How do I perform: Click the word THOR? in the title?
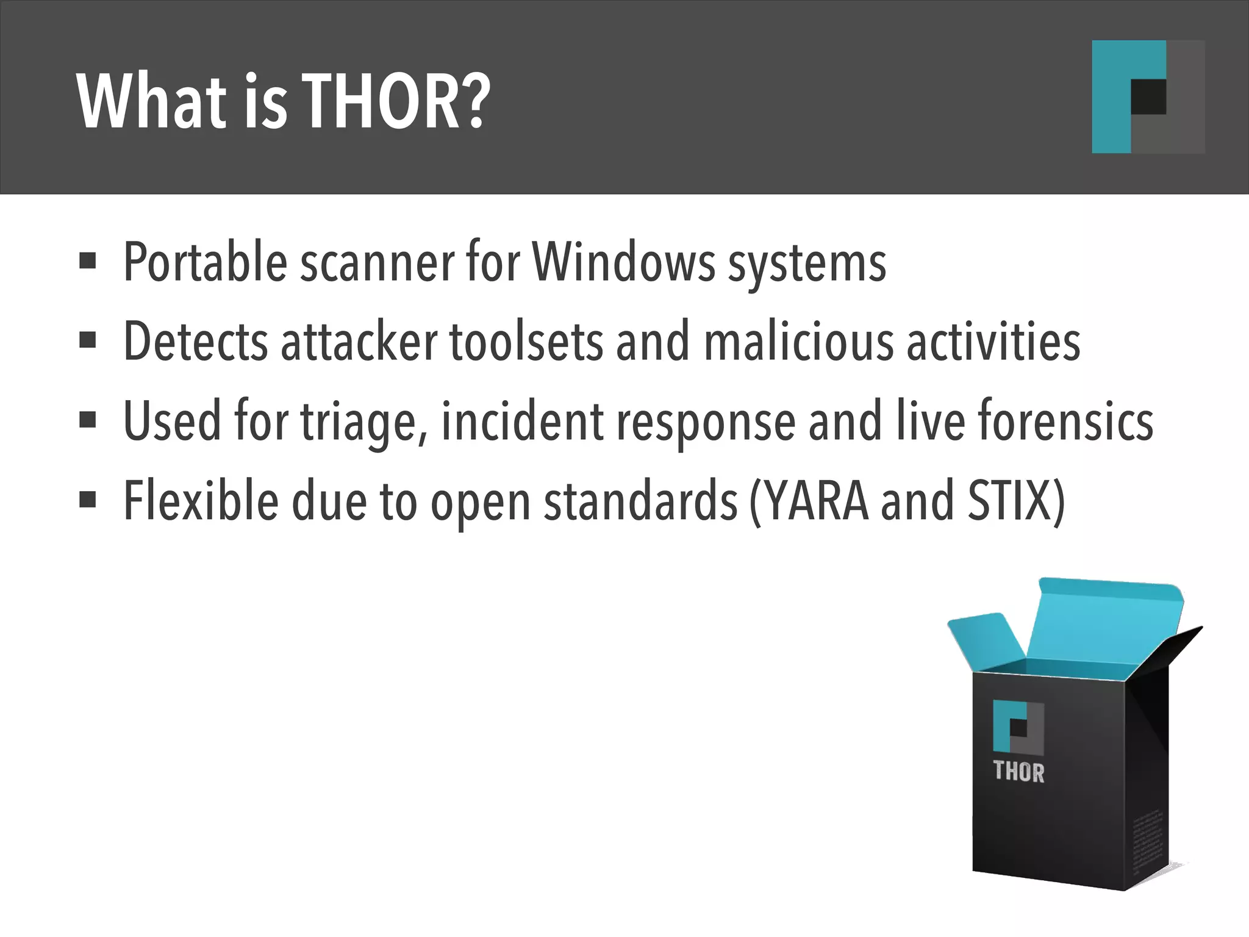click(396, 102)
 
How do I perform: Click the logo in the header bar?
click(1147, 96)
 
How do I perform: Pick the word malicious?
click(798, 342)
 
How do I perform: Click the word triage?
click(363, 422)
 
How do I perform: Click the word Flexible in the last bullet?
click(201, 501)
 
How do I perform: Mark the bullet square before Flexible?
click(88, 500)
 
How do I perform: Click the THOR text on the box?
click(1018, 772)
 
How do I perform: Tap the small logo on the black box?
click(1018, 727)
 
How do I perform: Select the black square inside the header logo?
click(1148, 96)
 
